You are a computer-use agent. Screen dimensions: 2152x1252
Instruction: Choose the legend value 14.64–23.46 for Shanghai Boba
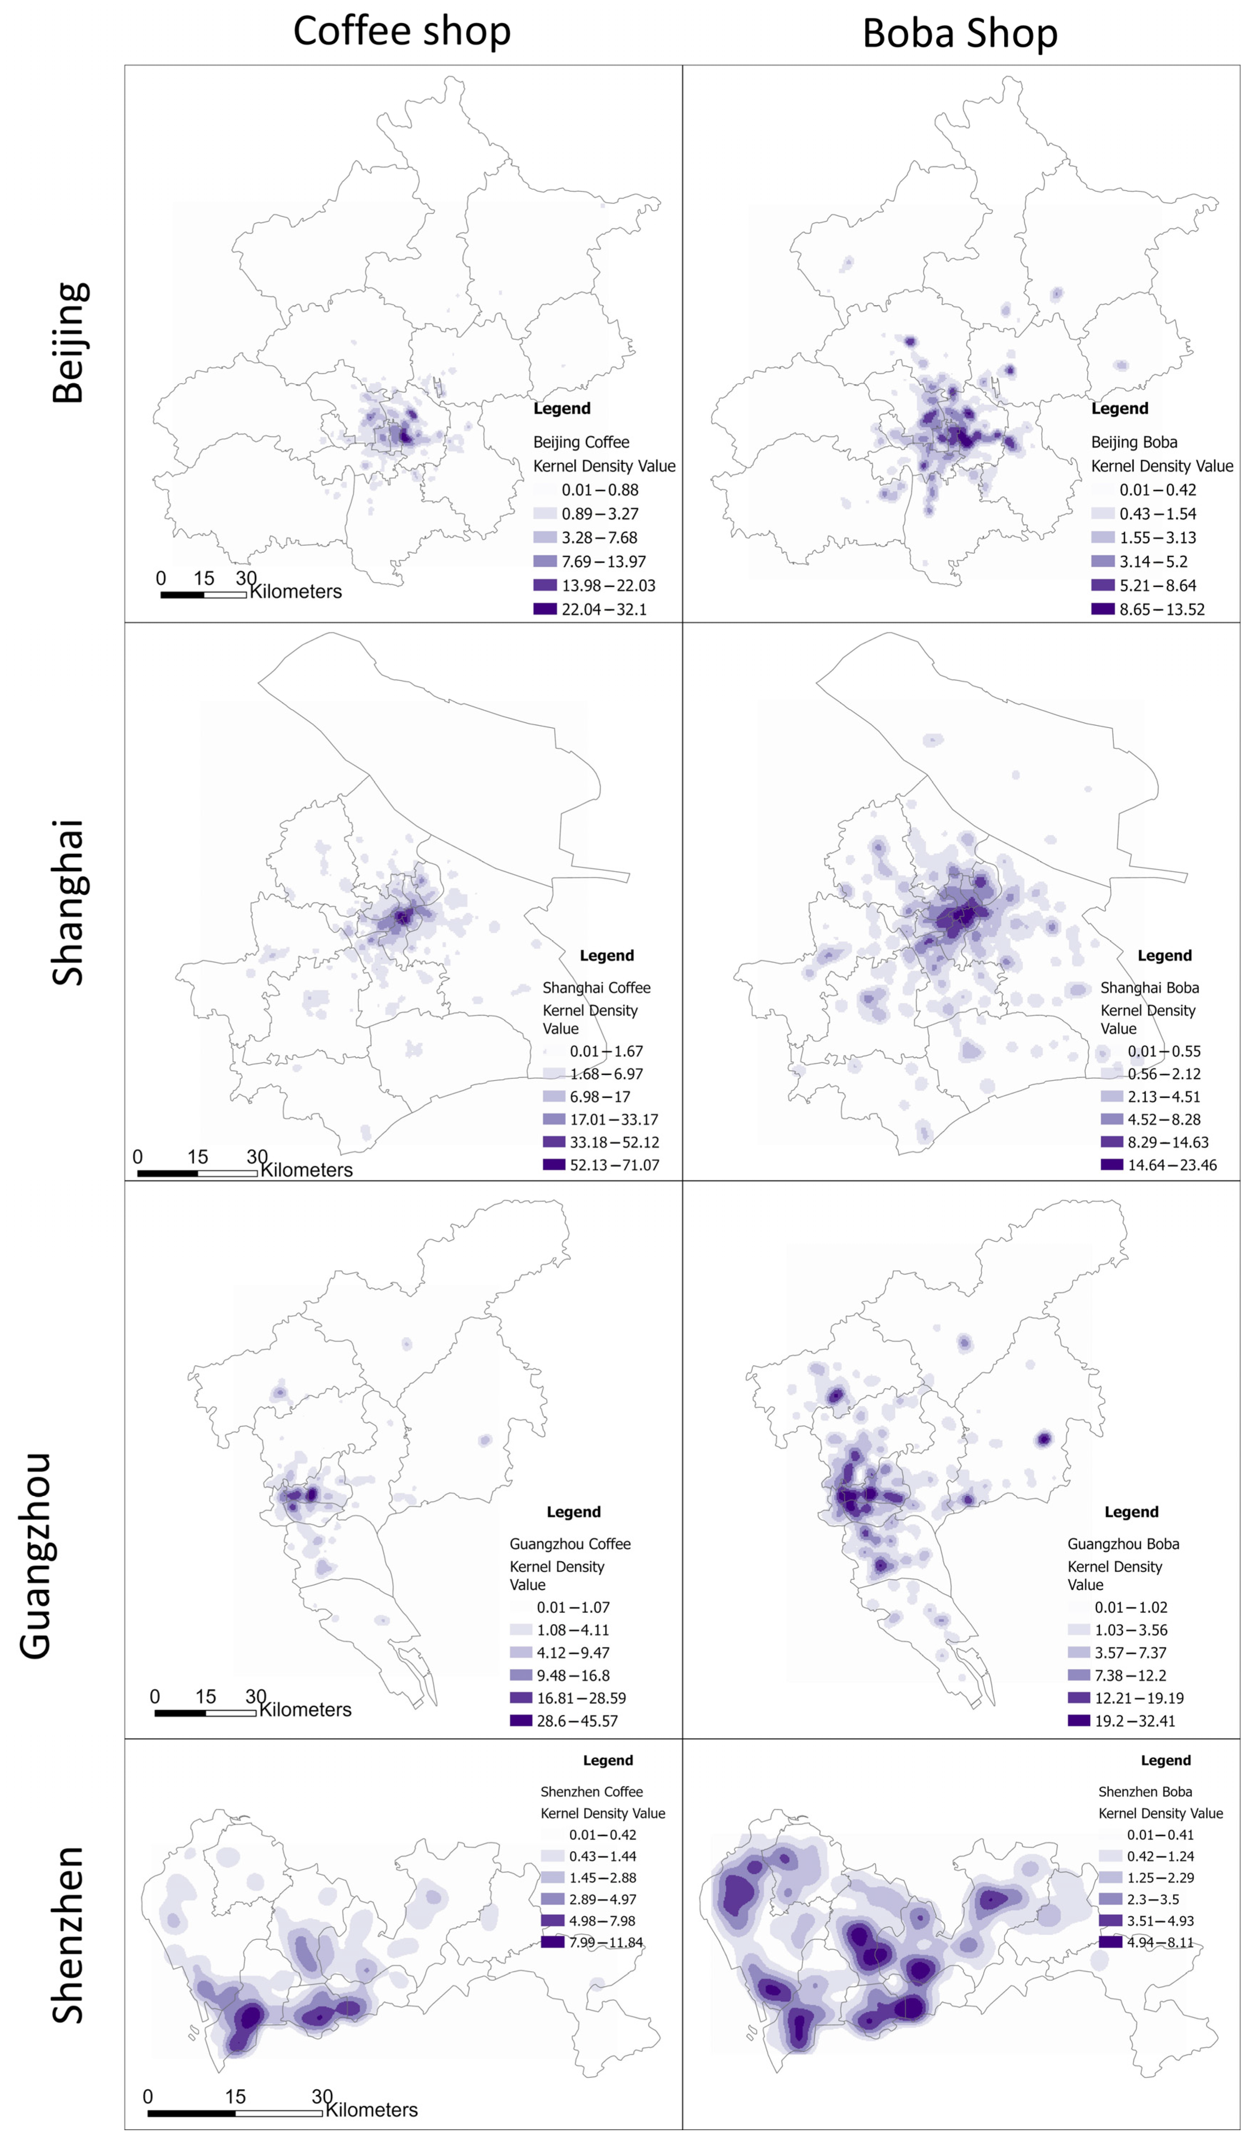click(1172, 1165)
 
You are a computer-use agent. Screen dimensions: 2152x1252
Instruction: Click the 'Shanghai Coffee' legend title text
click(596, 987)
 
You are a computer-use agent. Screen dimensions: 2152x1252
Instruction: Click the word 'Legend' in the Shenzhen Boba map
click(1165, 1760)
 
